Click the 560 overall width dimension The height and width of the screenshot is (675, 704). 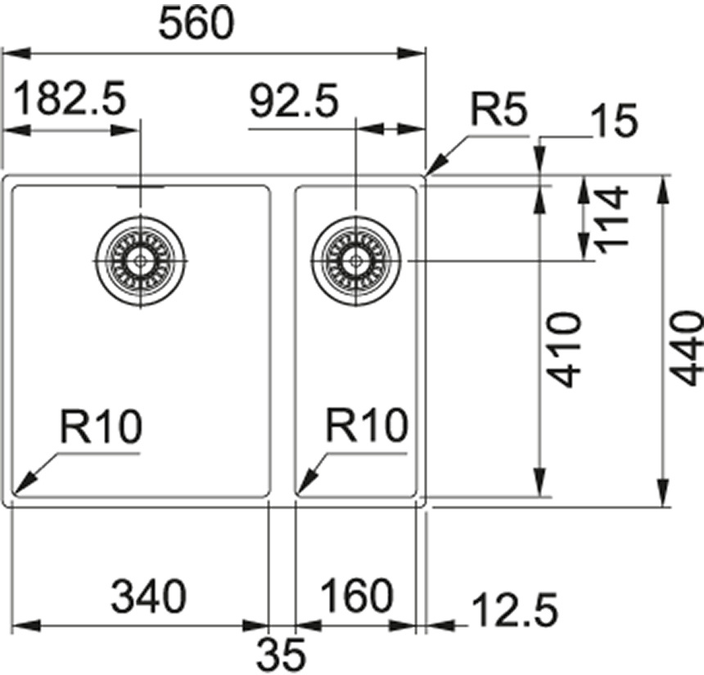point(196,25)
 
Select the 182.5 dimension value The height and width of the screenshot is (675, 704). point(70,101)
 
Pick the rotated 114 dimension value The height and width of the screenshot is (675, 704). point(610,219)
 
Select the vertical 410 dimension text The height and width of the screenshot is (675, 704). point(564,348)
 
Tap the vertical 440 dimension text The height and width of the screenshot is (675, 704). point(686,347)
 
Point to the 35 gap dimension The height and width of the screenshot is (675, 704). point(282,653)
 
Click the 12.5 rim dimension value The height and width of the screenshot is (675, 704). point(514,610)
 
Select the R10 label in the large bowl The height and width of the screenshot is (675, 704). point(101,427)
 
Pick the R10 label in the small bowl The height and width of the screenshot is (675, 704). point(367,426)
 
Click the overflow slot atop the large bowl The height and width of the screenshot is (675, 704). point(140,187)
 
